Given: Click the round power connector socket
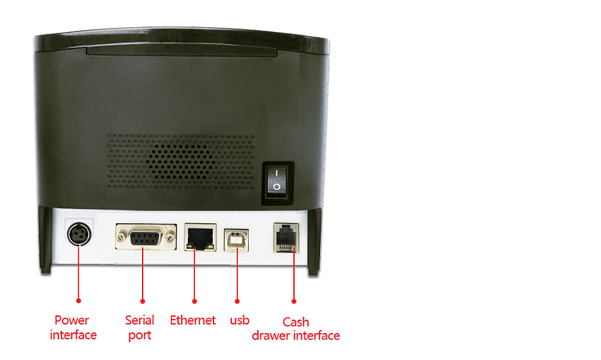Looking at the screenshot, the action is click(x=79, y=233).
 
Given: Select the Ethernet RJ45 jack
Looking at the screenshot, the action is click(x=200, y=237).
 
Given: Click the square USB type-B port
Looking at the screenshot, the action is click(x=236, y=240).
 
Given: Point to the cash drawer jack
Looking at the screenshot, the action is click(x=287, y=238).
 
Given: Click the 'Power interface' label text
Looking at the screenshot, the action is click(x=73, y=327).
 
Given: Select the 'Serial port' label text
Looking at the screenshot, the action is click(x=140, y=327).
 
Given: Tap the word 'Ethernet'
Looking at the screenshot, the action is click(x=193, y=320).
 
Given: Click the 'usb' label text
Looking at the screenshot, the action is click(x=239, y=321).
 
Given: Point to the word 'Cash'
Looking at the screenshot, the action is click(x=296, y=322).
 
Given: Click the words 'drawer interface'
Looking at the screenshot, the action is click(x=296, y=336).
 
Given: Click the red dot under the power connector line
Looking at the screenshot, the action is click(x=78, y=300).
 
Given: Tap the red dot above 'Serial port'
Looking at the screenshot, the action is click(x=143, y=301).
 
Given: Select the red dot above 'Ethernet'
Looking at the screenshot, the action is click(x=194, y=301).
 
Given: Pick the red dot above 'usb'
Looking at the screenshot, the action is click(x=237, y=301).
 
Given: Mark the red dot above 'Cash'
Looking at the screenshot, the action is click(x=294, y=301).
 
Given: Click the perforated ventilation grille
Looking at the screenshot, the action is click(x=180, y=161).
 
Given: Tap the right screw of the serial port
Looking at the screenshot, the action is click(x=170, y=238).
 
